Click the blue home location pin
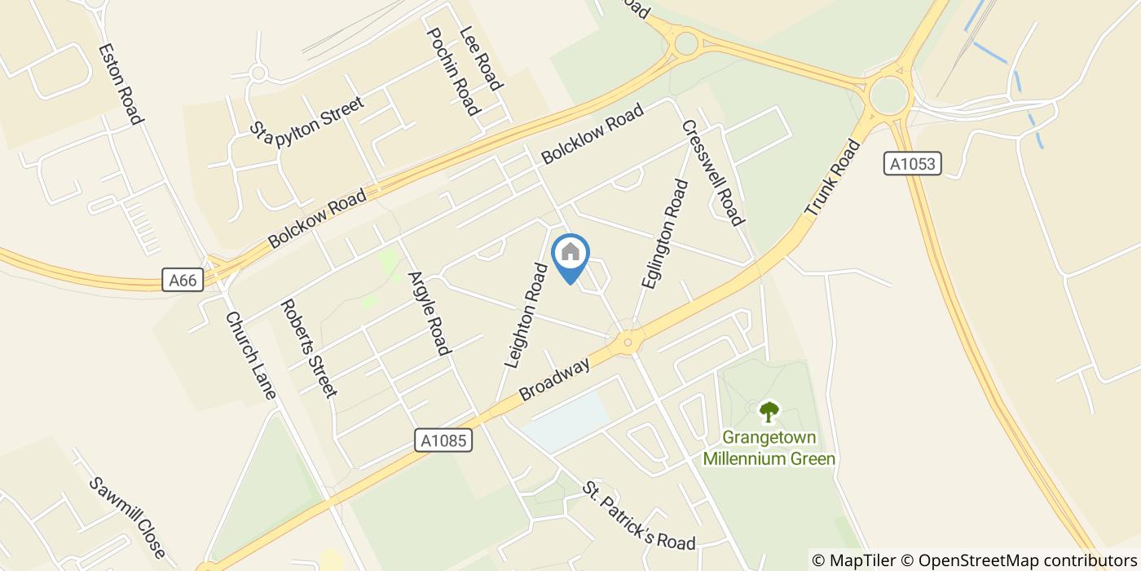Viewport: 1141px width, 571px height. tap(570, 255)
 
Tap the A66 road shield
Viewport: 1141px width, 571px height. tap(183, 280)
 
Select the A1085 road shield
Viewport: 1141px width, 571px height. tap(444, 440)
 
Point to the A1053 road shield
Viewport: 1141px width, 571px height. tap(913, 164)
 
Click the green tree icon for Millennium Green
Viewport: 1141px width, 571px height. tap(769, 411)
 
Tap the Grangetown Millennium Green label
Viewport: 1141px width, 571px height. tap(769, 448)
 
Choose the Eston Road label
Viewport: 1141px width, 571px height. tap(121, 83)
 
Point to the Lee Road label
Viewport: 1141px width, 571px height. tap(481, 57)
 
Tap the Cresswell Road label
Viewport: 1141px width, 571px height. tap(712, 173)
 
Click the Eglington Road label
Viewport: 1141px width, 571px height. tap(664, 234)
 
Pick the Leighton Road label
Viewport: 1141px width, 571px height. tap(525, 315)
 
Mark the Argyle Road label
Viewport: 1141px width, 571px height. tap(429, 313)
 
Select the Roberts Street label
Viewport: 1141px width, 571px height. tap(308, 347)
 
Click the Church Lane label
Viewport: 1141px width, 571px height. tap(251, 355)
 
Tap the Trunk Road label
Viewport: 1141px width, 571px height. tap(832, 178)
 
